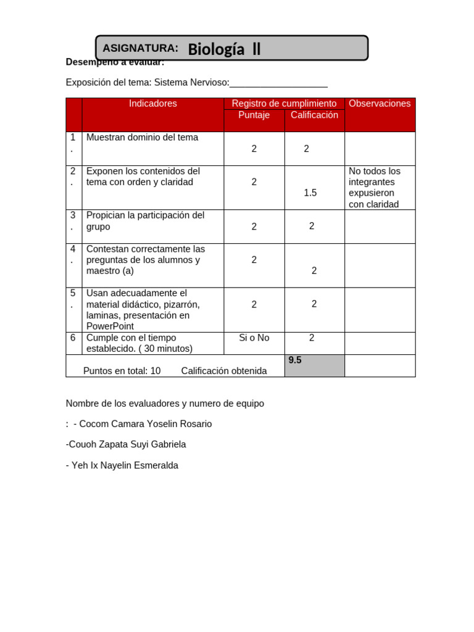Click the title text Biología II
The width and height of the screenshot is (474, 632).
point(224,49)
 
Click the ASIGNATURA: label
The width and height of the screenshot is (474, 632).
point(140,48)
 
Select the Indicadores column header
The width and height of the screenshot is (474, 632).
point(152,104)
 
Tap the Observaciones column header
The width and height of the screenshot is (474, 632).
point(380,104)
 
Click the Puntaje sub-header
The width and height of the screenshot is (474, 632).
point(254,115)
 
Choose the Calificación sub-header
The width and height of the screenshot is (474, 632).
point(314,115)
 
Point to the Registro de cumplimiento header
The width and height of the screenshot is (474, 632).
point(284,104)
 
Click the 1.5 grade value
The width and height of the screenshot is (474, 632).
point(310,193)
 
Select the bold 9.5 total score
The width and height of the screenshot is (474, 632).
point(295,360)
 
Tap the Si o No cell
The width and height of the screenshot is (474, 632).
point(254,338)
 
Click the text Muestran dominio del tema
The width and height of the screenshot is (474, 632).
point(143,138)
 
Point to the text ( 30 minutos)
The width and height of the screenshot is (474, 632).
point(165,349)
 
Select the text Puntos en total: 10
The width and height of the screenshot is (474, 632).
point(122,371)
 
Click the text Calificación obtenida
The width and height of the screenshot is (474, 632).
point(224,371)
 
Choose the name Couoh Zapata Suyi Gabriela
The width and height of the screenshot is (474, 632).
point(126,444)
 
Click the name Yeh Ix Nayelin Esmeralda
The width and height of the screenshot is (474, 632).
point(122,465)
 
